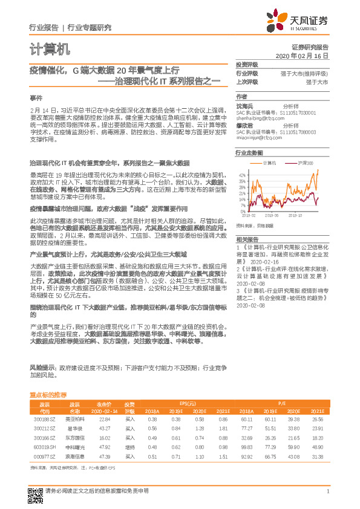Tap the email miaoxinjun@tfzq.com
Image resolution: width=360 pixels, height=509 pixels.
259,137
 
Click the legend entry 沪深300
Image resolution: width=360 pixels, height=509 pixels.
304,163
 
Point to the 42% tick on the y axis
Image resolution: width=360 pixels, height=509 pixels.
242,174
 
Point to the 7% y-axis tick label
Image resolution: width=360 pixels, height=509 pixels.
243,205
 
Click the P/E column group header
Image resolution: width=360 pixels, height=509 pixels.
282,403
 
